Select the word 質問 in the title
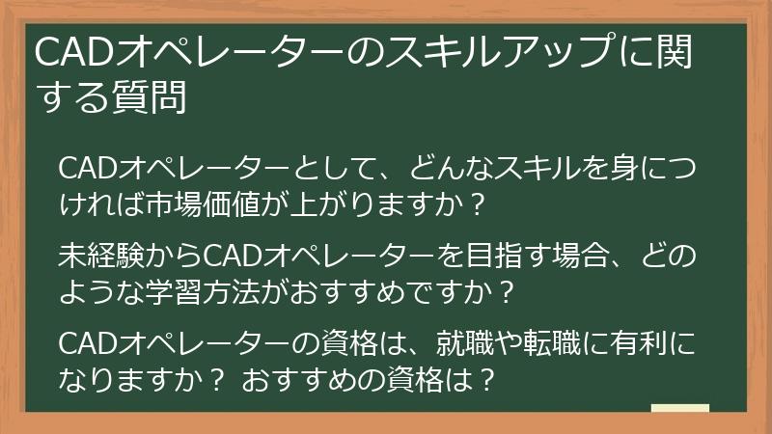point(152,97)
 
